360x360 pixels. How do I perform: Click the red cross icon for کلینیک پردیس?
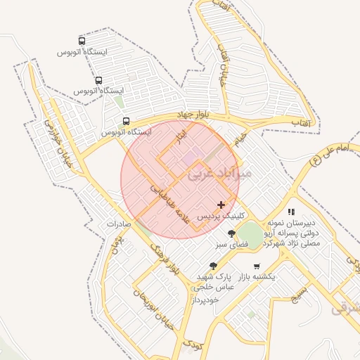point(221,205)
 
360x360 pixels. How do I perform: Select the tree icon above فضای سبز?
point(231,233)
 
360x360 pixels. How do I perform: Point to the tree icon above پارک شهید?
point(213,265)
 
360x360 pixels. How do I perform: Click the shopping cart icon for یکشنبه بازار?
point(256,266)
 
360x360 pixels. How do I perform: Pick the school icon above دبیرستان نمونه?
point(291,212)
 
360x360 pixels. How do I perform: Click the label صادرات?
point(120,224)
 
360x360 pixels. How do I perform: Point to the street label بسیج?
point(300,293)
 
